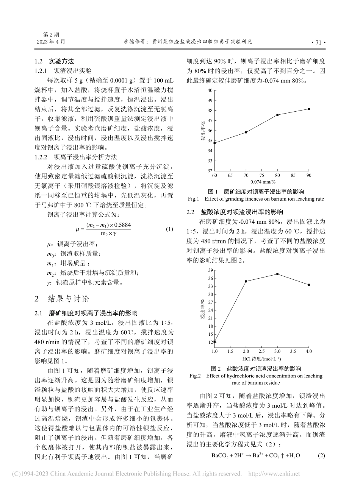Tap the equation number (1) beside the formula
pos(169,229)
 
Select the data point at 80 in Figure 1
pos(277,115)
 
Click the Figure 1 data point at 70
pos(246,132)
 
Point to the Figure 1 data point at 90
pos(309,109)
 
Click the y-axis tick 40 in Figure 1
pos(209,90)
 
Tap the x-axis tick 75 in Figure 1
pos(262,176)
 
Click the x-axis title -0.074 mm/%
pos(261,182)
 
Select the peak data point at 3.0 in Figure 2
pos(277,274)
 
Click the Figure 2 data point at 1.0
pos(214,341)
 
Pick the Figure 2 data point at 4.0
pos(309,285)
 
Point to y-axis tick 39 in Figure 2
pos(209,270)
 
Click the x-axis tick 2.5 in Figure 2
pos(262,351)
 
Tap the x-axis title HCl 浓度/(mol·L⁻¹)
pos(261,358)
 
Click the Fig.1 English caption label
pos(193,198)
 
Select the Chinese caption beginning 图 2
pos(256,368)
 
